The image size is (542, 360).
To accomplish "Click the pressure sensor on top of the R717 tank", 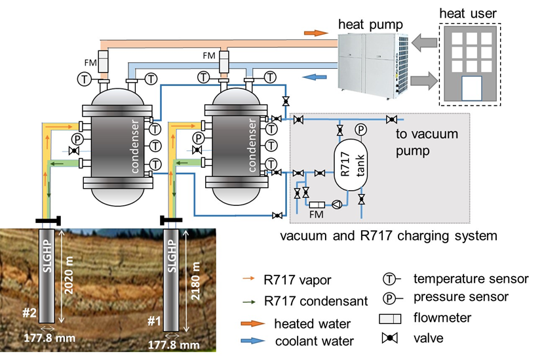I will (x=360, y=131).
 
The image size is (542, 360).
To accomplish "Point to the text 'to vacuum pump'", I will (x=426, y=142).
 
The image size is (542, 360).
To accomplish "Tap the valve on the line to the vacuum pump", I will (x=392, y=119).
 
